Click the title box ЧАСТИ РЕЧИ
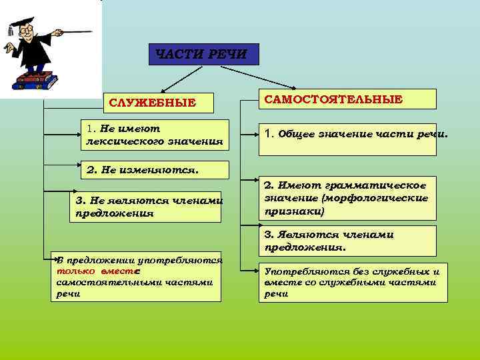[x=203, y=54]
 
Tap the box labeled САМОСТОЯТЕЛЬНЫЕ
[x=347, y=99]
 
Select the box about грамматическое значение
[x=347, y=197]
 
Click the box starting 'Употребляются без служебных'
[x=353, y=282]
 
